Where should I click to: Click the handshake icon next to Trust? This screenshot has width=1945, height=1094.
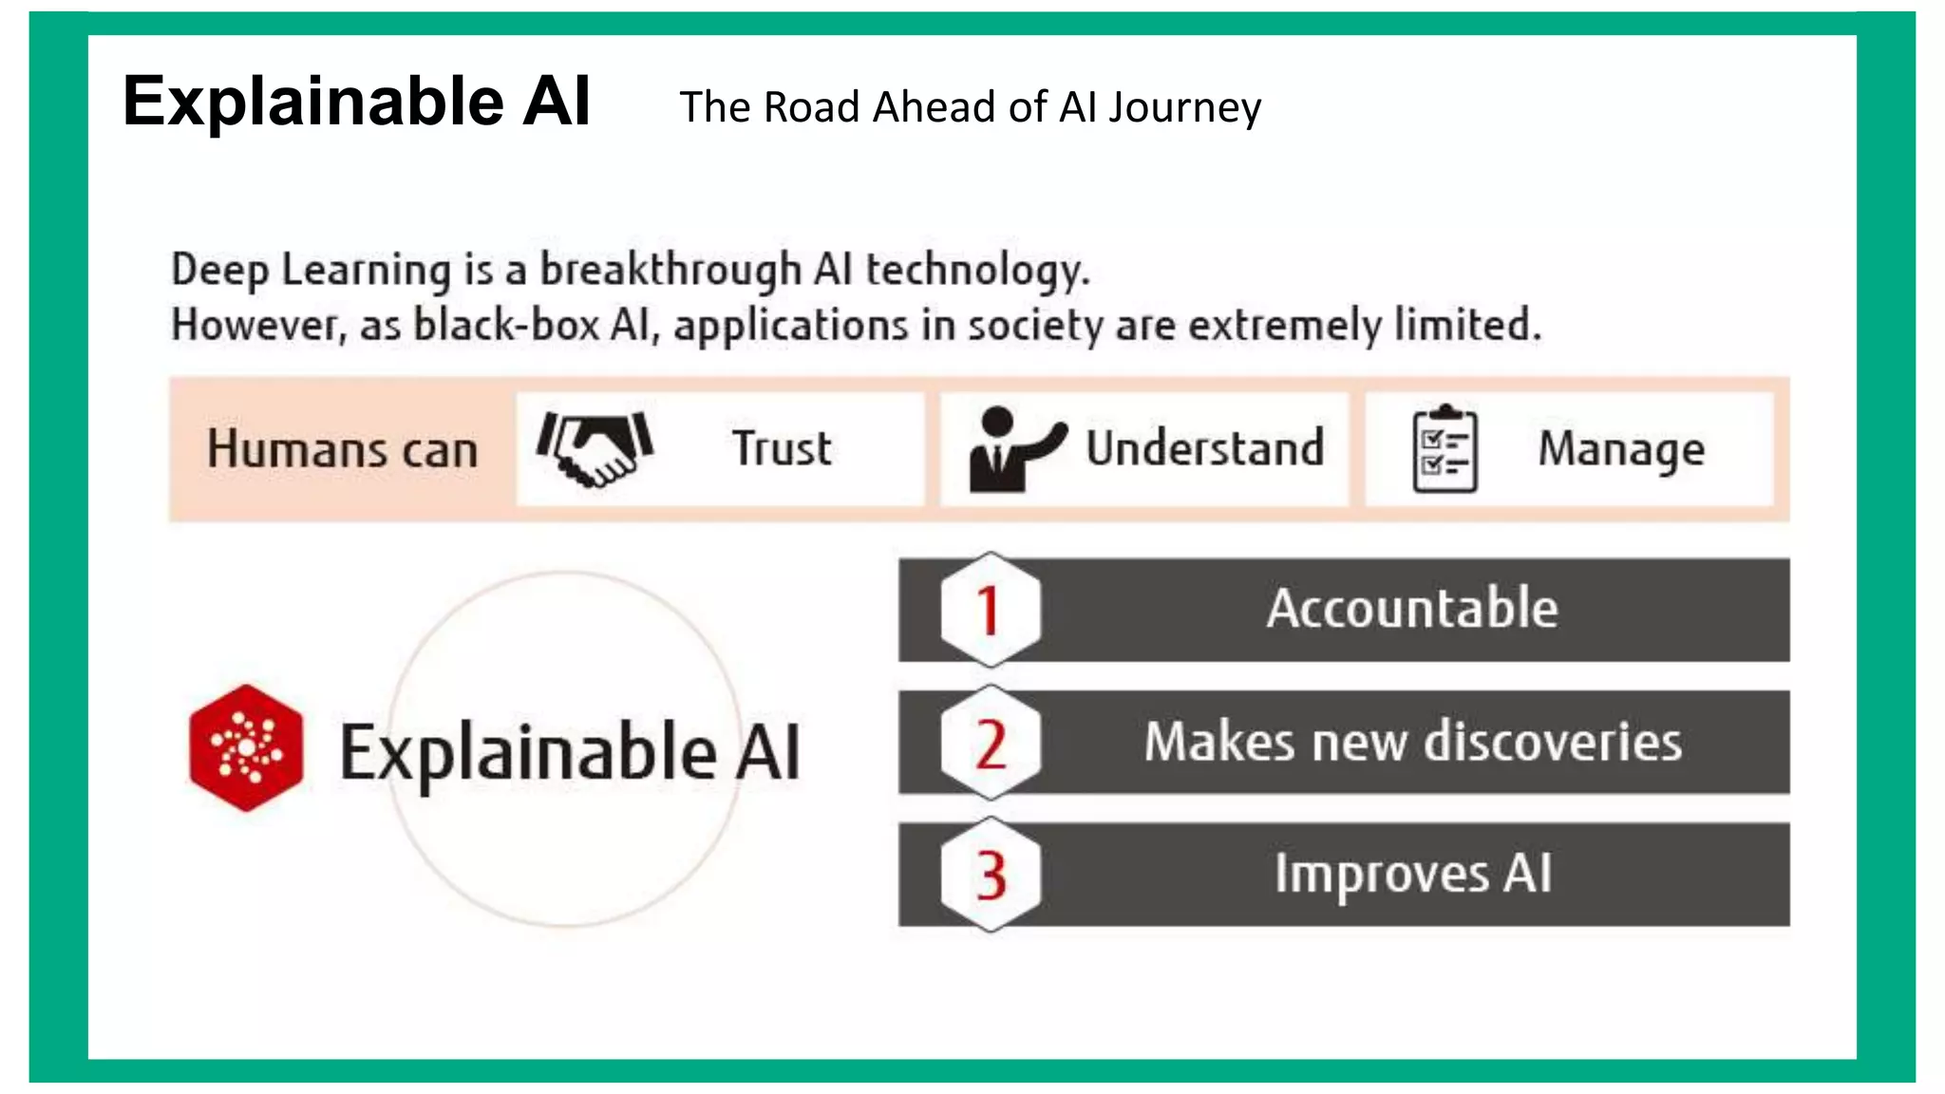[595, 448]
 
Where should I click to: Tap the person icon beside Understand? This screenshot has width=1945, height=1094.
[1012, 449]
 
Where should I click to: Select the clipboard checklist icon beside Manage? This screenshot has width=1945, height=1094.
[1445, 449]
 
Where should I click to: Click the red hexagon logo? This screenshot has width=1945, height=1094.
[246, 748]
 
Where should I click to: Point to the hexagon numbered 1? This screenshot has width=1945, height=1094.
[990, 610]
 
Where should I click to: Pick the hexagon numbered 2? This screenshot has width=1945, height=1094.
[990, 743]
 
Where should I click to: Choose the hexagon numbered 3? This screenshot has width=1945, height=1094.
[990, 875]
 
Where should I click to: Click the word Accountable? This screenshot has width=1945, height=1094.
[1411, 609]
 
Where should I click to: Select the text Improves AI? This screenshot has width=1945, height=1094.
[1412, 874]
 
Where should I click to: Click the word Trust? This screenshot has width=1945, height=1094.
[782, 448]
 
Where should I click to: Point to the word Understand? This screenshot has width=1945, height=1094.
[1204, 448]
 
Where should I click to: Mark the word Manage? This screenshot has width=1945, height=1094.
[1620, 449]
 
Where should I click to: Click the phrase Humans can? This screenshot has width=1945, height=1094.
[342, 449]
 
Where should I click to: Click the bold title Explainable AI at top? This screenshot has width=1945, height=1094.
[356, 101]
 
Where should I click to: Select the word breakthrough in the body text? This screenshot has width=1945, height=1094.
[670, 270]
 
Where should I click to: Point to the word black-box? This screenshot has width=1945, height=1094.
[506, 325]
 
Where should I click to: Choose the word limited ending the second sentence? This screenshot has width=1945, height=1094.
[1466, 325]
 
